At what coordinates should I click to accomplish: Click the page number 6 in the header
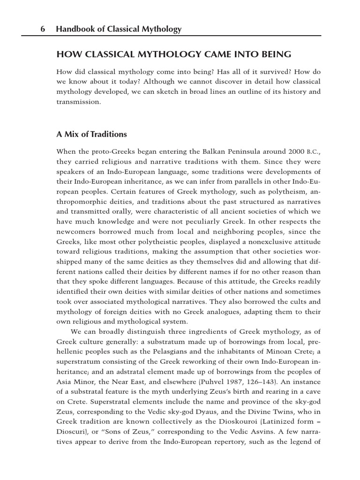42,30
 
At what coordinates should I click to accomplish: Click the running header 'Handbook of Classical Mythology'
119,30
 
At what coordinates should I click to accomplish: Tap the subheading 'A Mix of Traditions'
91,135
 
